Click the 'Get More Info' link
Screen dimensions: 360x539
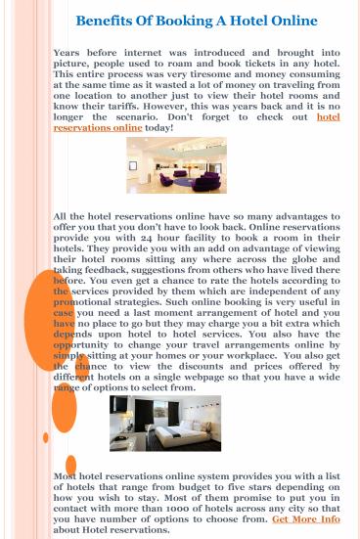coord(305,520)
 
